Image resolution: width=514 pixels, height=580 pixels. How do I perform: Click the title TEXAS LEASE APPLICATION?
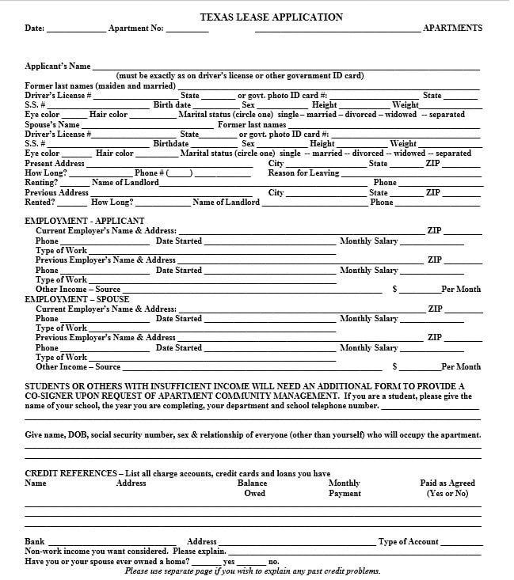(271, 17)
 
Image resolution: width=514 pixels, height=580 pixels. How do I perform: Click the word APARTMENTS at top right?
(452, 28)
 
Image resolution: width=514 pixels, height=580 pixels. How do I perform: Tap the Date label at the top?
(34, 28)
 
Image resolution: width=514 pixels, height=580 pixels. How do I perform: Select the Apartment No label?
(135, 28)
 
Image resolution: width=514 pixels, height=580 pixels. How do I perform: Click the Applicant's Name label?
(58, 66)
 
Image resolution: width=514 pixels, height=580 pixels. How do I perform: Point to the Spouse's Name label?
(52, 124)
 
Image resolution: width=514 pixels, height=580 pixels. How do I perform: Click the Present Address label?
(55, 163)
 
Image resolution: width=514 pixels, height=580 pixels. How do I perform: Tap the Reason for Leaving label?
(303, 172)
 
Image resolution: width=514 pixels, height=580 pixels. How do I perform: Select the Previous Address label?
(56, 192)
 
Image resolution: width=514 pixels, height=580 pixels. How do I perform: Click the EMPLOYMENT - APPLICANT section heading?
(85, 221)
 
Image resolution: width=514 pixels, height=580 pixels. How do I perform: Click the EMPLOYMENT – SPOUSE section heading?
(77, 299)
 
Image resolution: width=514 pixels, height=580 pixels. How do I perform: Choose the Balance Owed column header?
(253, 487)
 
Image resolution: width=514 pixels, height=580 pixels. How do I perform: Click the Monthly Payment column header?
(345, 487)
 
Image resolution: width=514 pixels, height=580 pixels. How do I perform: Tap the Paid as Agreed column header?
(447, 487)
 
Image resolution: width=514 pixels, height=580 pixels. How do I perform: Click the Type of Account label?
(409, 541)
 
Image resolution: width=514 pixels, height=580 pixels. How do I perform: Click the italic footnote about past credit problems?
(253, 571)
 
